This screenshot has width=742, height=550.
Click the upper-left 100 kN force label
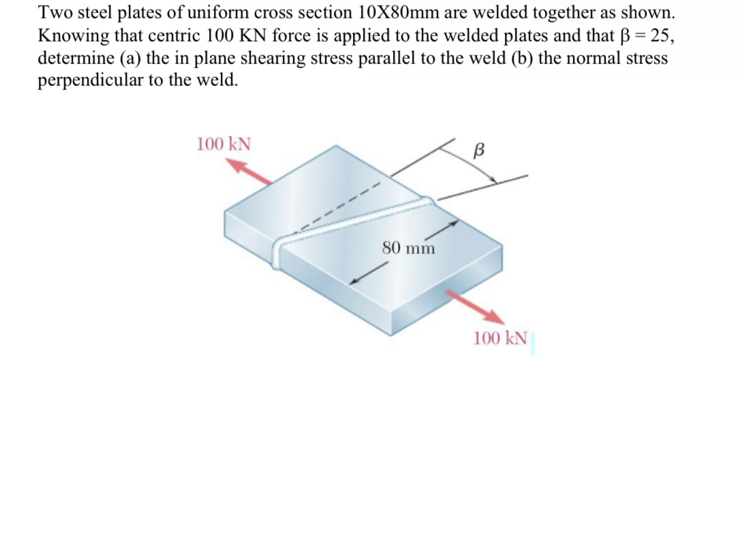pyautogui.click(x=223, y=144)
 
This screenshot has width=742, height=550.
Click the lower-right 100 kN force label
pyautogui.click(x=500, y=337)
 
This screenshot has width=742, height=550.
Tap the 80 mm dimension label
pyautogui.click(x=408, y=247)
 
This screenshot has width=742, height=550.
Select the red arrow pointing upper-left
pyautogui.click(x=248, y=171)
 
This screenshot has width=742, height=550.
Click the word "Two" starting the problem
pyautogui.click(x=52, y=13)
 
